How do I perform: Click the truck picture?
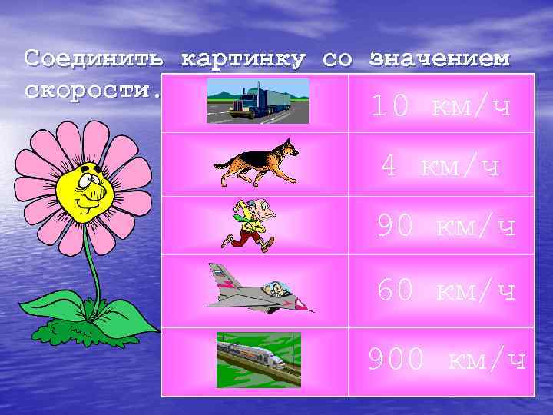click(258, 101)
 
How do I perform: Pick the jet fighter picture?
click(257, 288)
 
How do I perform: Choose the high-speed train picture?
click(258, 354)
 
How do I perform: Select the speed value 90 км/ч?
click(446, 226)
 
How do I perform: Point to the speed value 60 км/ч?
click(446, 290)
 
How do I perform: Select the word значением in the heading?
click(439, 59)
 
